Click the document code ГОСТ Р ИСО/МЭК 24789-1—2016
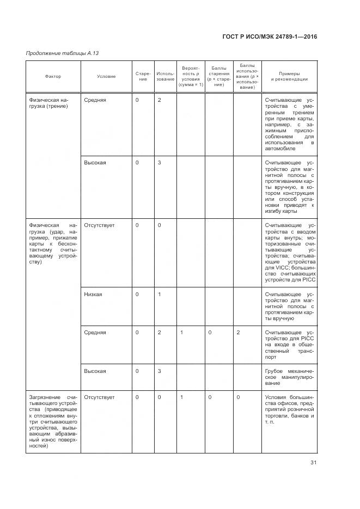pos(270,36)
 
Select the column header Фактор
pos(53,76)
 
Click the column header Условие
pos(106,76)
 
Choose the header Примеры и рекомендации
pos(289,76)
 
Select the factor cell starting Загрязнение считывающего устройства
pos(53,421)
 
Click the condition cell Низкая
pos(93,295)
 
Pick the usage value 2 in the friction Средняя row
pos(159,100)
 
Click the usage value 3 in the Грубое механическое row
pos(159,371)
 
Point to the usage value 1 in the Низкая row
pos(159,295)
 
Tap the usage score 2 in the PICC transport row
pos(238,332)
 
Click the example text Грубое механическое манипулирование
pos(289,377)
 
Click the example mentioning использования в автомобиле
pos(289,124)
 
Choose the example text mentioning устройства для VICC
pos(289,252)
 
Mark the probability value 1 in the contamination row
pos(181,397)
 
